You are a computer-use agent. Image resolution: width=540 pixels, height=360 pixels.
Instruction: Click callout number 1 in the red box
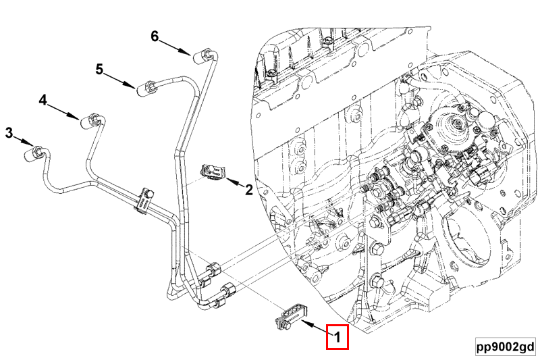click(337, 337)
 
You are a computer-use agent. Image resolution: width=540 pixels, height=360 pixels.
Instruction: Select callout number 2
click(248, 190)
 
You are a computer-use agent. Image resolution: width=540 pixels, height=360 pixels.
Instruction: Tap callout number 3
click(9, 132)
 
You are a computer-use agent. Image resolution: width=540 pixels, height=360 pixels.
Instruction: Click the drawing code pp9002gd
click(504, 346)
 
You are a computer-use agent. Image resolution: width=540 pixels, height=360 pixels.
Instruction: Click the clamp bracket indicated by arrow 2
click(213, 172)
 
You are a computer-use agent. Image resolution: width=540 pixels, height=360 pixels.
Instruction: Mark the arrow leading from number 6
click(178, 47)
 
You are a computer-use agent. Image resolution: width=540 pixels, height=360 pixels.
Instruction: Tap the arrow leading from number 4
click(66, 111)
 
